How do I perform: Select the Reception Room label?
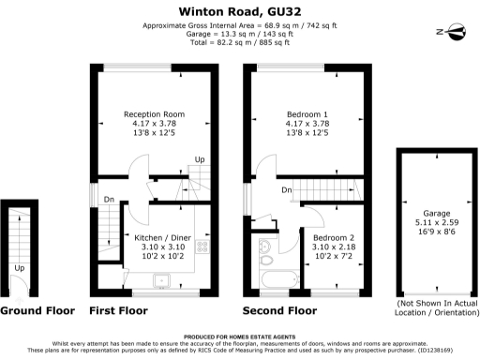coord(155,114)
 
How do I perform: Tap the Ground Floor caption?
coord(37,309)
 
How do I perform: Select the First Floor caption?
coord(118,309)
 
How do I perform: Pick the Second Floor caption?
coord(279,309)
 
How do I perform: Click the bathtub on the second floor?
coord(277,279)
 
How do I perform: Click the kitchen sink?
coord(161,278)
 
